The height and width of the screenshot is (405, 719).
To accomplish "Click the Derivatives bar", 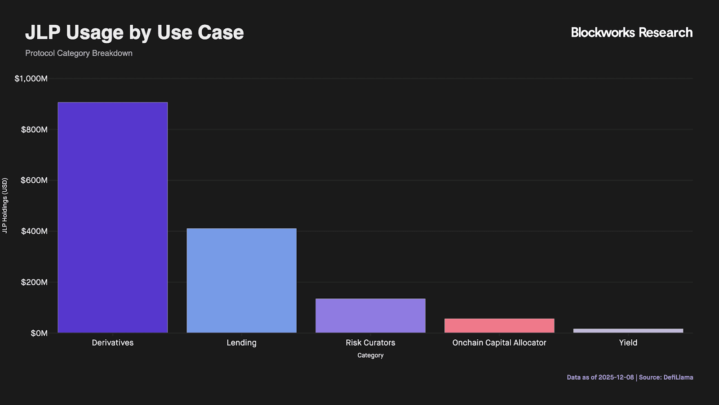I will (113, 217).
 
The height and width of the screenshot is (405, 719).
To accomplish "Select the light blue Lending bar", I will (241, 280).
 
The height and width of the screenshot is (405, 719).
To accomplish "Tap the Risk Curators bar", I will (370, 315).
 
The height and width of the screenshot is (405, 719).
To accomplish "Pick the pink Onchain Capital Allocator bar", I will (499, 326).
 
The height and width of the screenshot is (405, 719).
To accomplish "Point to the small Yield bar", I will (628, 331).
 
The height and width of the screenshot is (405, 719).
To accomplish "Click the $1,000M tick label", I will (31, 79).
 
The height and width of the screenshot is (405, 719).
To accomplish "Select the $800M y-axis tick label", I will (34, 130).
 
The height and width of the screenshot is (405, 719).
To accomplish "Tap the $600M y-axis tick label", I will (34, 180).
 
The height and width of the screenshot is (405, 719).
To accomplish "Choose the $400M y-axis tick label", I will (34, 231).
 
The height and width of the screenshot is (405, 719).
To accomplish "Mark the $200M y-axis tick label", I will (34, 282).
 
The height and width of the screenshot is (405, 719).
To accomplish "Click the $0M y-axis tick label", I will (39, 333).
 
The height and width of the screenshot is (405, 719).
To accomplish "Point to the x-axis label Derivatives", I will (113, 343).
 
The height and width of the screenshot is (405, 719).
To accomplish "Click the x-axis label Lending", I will (241, 343).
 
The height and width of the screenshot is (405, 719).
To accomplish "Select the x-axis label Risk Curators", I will (370, 343).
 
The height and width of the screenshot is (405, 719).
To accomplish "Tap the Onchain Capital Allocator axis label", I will (499, 343).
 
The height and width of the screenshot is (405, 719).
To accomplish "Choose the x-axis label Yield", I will (628, 343).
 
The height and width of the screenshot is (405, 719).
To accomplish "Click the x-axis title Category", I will (370, 355).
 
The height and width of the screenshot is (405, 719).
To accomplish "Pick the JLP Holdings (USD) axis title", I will (5, 206).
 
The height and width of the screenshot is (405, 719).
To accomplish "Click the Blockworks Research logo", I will (631, 32).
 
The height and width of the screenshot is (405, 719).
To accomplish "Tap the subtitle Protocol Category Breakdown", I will (79, 53).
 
